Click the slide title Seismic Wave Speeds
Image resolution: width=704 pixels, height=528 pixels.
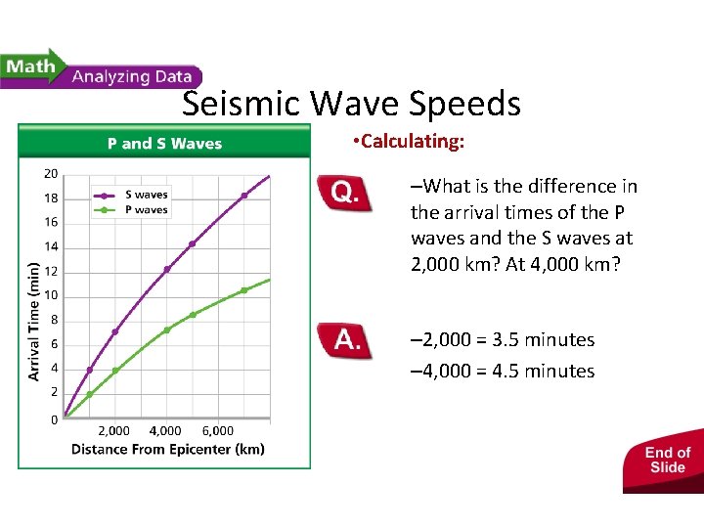[x=351, y=104]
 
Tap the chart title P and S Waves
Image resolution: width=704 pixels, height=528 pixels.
[x=164, y=144]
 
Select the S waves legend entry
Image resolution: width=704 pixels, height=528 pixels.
[x=145, y=195]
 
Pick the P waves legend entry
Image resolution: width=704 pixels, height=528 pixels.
[x=145, y=209]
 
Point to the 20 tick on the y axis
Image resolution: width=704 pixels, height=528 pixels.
[x=50, y=174]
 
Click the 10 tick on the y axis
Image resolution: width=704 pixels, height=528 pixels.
[x=50, y=295]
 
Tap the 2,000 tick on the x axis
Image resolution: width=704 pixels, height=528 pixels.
[x=113, y=430]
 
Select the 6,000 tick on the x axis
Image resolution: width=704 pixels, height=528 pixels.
[x=217, y=430]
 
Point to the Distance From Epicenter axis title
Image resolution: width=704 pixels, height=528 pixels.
[x=167, y=450]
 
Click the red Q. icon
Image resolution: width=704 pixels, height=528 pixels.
[x=345, y=194]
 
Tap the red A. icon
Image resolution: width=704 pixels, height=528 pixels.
[x=345, y=341]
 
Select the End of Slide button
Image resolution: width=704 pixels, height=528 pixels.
[x=667, y=460]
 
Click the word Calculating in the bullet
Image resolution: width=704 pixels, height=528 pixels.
[x=411, y=142]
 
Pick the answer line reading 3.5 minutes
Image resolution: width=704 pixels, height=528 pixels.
[x=503, y=340]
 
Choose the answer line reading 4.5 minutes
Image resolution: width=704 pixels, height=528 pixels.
[x=503, y=372]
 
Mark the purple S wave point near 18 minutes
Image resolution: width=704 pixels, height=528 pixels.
[x=244, y=196]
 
